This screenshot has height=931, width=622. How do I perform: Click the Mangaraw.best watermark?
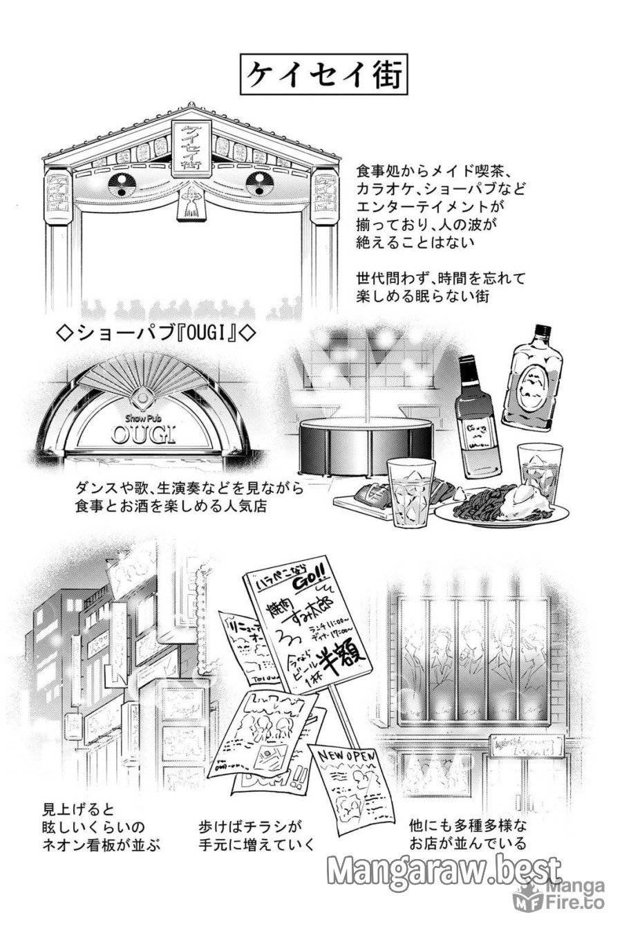coord(444,870)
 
